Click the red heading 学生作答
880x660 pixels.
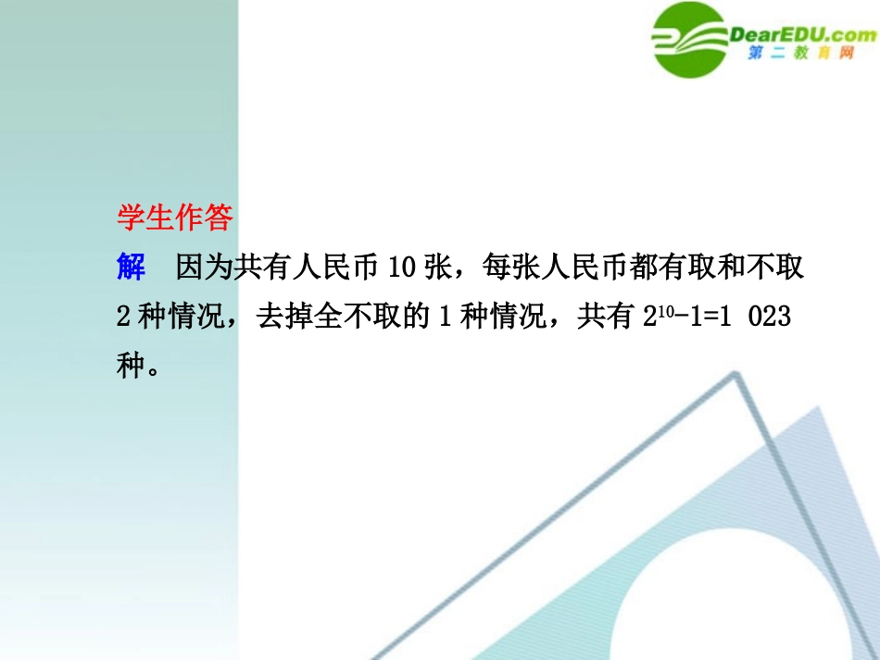175,218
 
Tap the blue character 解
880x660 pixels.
132,268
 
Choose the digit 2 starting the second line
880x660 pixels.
123,318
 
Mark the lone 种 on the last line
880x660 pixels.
132,366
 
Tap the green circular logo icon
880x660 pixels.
689,39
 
